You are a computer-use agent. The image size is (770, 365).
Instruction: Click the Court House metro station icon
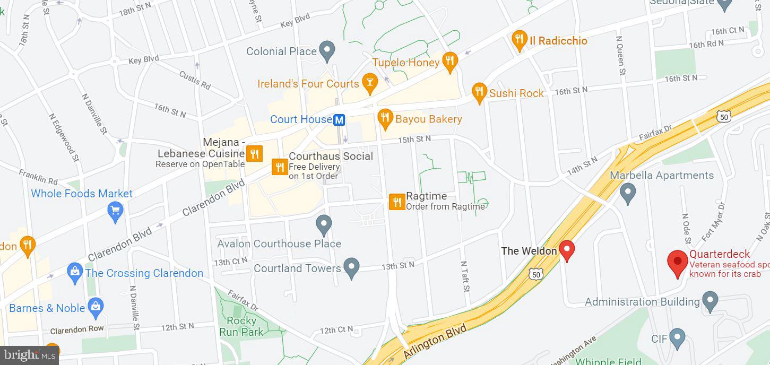[340, 120]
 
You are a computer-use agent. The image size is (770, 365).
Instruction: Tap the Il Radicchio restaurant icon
[519, 40]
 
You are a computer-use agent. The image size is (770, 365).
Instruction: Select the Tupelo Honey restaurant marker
[450, 62]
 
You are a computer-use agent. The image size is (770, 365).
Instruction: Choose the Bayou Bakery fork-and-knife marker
[385, 118]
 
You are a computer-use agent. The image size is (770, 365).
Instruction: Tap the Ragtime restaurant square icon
[397, 202]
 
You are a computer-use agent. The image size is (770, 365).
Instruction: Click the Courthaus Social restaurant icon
[279, 167]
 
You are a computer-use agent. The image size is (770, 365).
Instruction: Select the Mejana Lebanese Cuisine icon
[255, 154]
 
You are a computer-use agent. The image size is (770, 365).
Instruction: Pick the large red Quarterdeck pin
[677, 262]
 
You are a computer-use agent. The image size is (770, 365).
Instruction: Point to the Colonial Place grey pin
[327, 50]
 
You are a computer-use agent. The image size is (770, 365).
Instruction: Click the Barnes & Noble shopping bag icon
[96, 306]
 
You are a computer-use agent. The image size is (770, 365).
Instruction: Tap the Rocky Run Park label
[241, 326]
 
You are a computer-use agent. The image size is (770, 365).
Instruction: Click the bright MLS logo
[29, 355]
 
